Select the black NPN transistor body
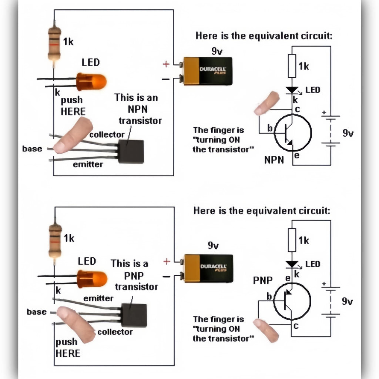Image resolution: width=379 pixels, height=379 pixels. (131, 152)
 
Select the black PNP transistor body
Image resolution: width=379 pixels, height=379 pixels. (134, 315)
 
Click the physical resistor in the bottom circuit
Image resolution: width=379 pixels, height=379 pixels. (55, 241)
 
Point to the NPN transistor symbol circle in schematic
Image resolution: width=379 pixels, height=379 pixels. (293, 133)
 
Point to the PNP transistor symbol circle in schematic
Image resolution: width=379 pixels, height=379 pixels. (292, 301)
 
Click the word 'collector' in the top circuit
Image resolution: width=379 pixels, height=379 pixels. (107, 135)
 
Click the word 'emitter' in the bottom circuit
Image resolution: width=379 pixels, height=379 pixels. (98, 298)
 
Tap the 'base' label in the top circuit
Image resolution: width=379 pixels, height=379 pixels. (32, 149)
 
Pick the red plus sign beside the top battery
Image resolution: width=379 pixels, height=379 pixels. (166, 64)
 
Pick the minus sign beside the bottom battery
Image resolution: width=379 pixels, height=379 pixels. (167, 276)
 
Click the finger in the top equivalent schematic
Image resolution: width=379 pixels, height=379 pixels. (266, 103)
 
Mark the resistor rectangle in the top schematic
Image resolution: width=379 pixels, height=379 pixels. (292, 66)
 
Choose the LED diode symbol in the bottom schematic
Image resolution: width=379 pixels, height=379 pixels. (292, 264)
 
